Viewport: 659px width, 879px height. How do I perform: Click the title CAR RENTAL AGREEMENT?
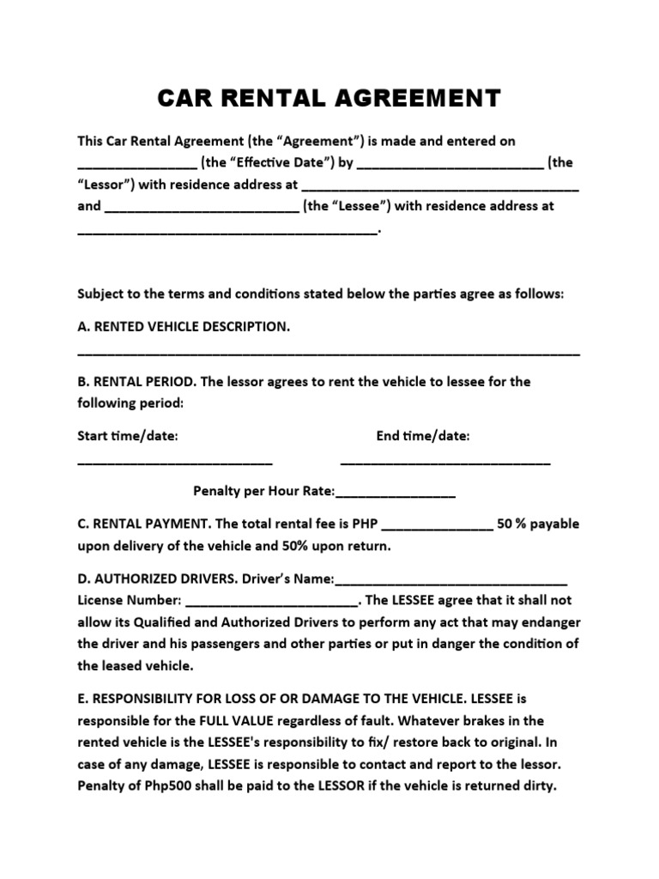click(x=329, y=99)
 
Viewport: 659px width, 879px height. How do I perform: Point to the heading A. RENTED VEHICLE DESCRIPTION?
click(x=184, y=327)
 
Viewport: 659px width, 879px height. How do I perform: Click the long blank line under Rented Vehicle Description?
click(x=329, y=353)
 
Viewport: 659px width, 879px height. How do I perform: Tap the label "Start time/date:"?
click(x=128, y=436)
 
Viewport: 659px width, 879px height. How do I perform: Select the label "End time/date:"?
click(x=423, y=436)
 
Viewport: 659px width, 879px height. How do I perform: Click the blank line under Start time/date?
click(x=175, y=463)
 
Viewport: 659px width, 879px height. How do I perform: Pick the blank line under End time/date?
click(x=445, y=463)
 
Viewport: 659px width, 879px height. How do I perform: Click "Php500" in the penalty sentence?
click(x=157, y=785)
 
